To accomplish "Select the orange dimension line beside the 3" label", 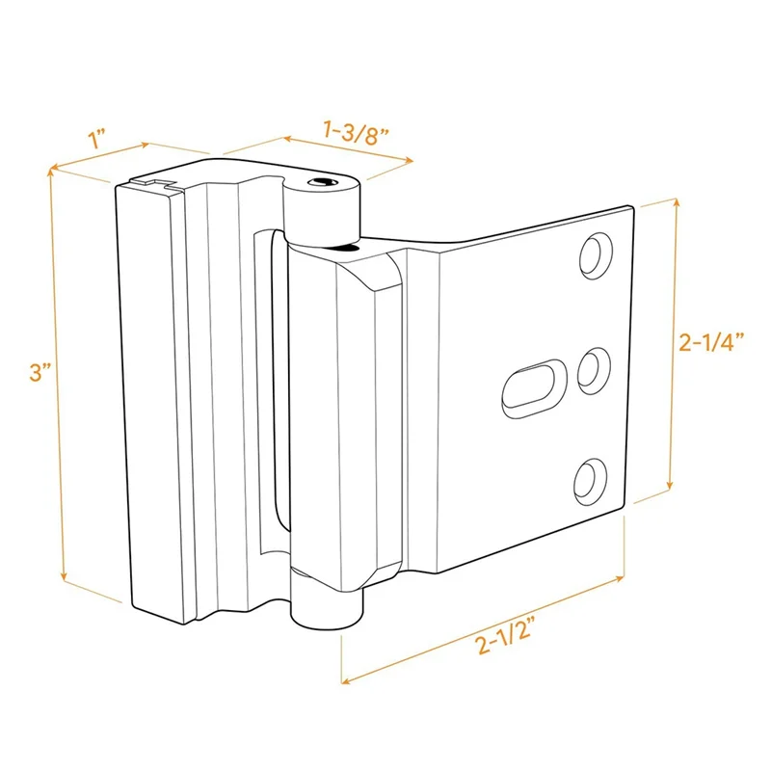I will point(56,376).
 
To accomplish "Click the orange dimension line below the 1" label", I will point(101,156).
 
